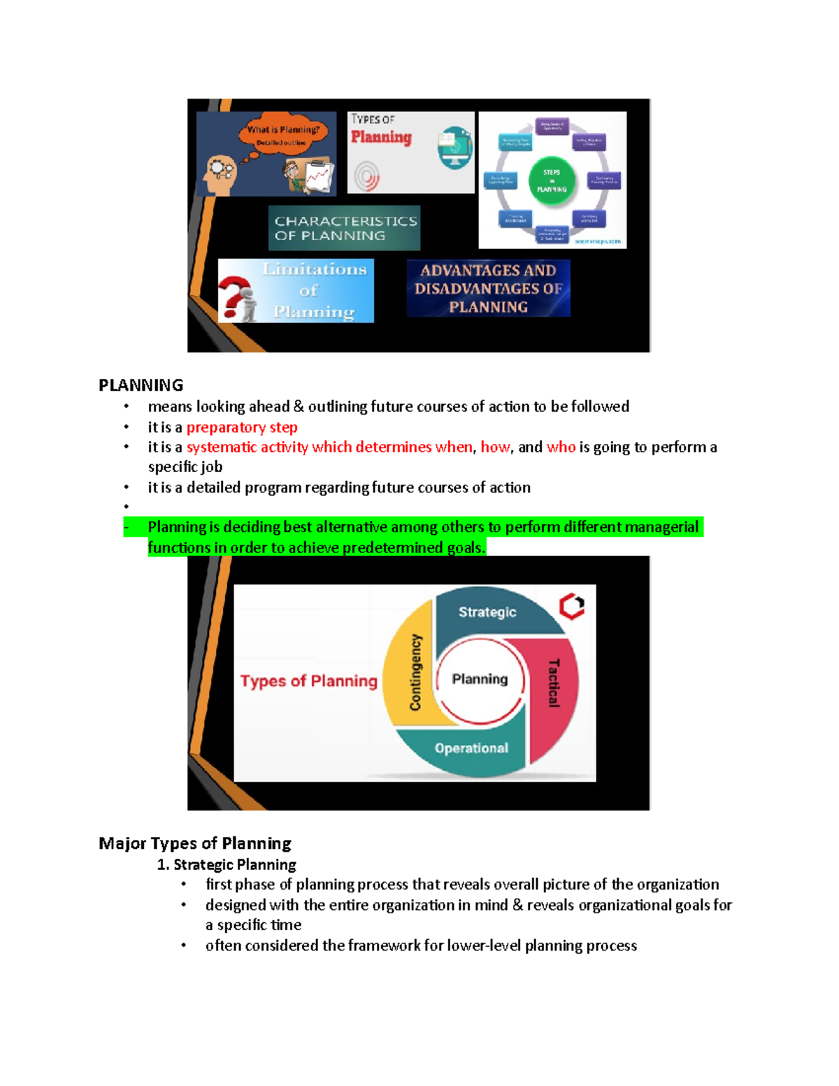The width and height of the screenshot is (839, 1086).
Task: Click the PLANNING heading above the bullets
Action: click(141, 385)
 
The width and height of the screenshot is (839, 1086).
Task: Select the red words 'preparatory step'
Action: click(242, 427)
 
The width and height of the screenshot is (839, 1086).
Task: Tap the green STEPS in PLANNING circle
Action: click(552, 180)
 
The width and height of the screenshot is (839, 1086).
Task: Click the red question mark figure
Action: click(237, 296)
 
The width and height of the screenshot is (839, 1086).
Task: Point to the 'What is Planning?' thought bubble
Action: click(282, 134)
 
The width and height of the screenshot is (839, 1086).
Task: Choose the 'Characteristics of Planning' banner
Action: click(345, 228)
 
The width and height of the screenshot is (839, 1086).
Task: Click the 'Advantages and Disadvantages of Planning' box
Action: click(488, 288)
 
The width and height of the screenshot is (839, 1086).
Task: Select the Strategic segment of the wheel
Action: click(487, 612)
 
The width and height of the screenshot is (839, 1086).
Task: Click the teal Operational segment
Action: click(471, 748)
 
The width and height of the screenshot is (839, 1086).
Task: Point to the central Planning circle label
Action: click(480, 679)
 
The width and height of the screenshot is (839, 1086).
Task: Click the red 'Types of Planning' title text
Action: click(308, 681)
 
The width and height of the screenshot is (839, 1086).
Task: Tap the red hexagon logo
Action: click(572, 606)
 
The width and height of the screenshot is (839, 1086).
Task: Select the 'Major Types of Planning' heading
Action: click(195, 843)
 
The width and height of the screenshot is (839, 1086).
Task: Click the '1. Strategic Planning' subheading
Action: click(227, 865)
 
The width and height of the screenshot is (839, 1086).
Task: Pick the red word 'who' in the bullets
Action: click(561, 448)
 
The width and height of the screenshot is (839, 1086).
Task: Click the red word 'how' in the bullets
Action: click(495, 448)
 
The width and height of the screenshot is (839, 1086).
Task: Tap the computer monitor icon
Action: click(454, 147)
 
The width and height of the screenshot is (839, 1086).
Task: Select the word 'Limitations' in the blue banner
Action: click(315, 269)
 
